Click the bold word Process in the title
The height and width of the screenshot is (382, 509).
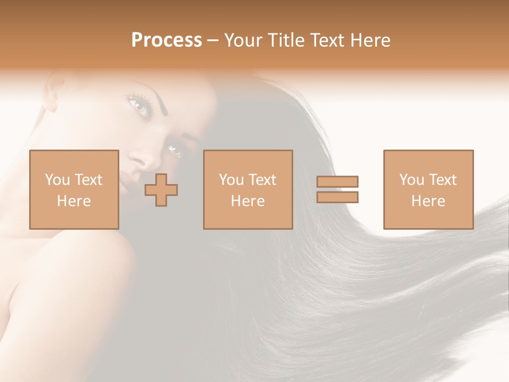(x=166, y=40)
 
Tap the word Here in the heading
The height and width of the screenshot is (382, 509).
(x=369, y=40)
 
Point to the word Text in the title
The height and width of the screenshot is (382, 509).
(x=326, y=40)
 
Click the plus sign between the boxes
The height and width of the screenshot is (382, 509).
(x=161, y=190)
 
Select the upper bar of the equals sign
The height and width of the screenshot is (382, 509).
(x=337, y=181)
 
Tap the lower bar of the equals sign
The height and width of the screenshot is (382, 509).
(x=337, y=197)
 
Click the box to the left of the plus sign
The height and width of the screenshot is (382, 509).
(x=74, y=189)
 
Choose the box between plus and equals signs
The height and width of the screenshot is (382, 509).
(x=248, y=189)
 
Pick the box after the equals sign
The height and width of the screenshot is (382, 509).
(x=428, y=189)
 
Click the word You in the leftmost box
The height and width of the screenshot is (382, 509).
(x=57, y=180)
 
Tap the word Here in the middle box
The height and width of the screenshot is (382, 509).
(x=248, y=201)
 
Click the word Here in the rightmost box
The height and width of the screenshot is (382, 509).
(x=428, y=201)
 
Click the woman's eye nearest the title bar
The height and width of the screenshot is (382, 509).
(x=139, y=105)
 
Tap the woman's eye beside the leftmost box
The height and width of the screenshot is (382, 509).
(x=174, y=151)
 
